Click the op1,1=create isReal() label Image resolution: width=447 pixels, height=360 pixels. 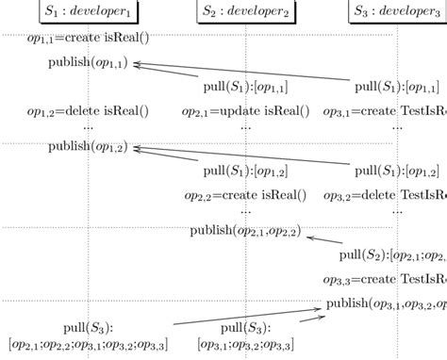coord(88,41)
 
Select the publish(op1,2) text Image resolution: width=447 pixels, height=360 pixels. coord(90,147)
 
